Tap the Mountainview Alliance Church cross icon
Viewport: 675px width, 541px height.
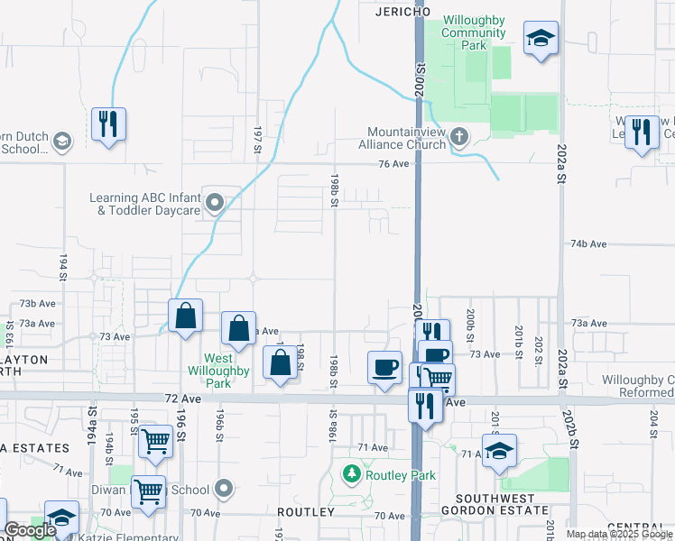click(459, 137)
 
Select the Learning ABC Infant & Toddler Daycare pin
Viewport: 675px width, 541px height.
click(215, 204)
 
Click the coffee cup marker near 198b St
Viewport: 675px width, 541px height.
click(385, 367)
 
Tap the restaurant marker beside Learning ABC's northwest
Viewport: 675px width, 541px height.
click(108, 124)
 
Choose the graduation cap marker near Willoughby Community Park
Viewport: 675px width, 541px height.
click(541, 38)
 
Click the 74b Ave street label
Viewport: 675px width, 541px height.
click(587, 244)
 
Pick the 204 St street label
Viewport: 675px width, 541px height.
click(652, 421)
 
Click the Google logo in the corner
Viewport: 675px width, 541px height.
click(30, 530)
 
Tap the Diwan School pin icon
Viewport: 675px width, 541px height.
click(225, 490)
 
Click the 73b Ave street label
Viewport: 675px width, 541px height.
click(39, 304)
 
